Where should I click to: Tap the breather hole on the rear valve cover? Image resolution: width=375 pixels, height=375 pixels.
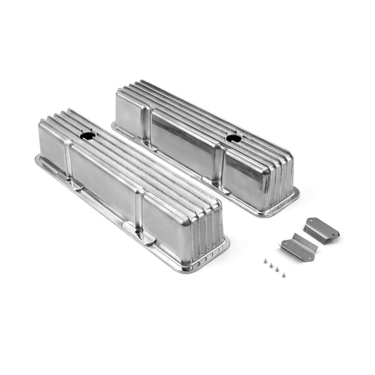233,136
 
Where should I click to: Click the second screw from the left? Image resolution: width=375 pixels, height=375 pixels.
266,263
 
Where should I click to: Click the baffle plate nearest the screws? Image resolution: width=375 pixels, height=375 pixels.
298,248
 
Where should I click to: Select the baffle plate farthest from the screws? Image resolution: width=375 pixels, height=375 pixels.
321,229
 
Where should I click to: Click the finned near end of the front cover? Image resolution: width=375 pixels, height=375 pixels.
203,232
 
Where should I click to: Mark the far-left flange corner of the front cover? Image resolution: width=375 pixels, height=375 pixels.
39,160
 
